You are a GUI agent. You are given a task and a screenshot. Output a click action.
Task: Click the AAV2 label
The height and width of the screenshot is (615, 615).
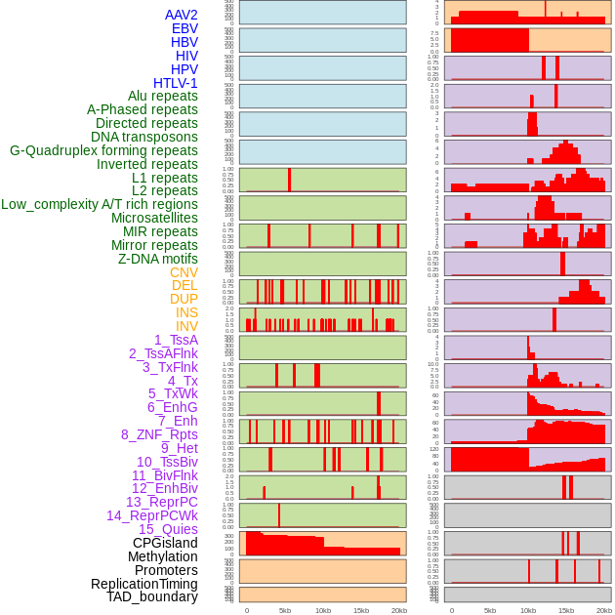pos(181,15)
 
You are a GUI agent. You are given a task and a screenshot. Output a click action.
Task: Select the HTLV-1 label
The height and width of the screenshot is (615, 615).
pos(175,83)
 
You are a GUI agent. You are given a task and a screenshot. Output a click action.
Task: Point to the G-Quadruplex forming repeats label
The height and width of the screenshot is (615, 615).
pos(103,150)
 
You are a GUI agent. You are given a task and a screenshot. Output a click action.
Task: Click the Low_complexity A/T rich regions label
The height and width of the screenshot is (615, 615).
pos(100,204)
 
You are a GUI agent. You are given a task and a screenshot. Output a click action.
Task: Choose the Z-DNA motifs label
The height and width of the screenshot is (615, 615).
pos(157,259)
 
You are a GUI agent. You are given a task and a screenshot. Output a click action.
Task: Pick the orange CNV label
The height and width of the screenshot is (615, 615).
pos(184,272)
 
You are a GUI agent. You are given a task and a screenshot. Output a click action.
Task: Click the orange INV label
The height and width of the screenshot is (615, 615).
pos(186,326)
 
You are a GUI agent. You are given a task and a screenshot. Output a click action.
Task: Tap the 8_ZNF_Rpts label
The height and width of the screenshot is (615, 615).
pos(159,434)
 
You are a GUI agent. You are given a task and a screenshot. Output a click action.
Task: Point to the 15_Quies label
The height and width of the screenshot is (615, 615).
pos(168,529)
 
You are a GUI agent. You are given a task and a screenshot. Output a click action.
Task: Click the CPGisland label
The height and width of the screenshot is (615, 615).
pos(165,543)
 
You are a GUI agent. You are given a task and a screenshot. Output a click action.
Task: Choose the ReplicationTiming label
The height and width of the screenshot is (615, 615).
pos(144,584)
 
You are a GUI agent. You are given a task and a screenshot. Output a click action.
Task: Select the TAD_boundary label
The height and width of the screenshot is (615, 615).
pos(152,596)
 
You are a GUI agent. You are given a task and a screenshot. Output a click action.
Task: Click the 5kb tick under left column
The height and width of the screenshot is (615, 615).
pos(285,610)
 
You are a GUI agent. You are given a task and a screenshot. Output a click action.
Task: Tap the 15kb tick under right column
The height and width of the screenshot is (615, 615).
pos(566,610)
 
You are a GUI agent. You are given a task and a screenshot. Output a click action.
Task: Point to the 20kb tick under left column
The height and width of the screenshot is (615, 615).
pos(398,610)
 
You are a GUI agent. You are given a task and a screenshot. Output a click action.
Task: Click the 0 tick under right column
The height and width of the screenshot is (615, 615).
pos(451,610)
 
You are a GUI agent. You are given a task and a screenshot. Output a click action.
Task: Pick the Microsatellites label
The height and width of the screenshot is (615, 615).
pos(154,218)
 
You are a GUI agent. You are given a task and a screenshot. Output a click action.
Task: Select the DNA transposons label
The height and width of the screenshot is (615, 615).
pos(144,137)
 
